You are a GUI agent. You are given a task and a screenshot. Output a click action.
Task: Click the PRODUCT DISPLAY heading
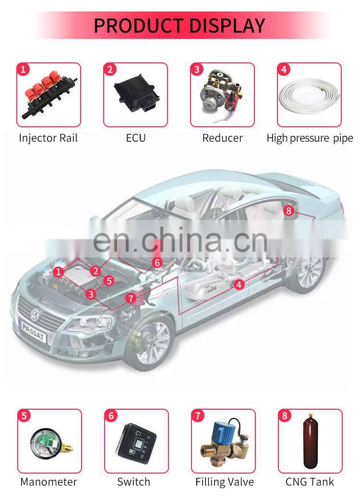click(180, 25)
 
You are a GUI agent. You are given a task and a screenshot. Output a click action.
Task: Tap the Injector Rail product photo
click(49, 95)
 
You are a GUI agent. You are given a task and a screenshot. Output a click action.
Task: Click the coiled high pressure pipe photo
click(309, 95)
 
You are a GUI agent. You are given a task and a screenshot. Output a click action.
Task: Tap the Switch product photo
click(136, 440)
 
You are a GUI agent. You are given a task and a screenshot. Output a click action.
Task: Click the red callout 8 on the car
click(288, 210)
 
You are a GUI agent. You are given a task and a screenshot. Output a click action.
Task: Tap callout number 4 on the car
click(239, 284)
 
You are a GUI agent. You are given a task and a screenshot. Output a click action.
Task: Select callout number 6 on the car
click(157, 263)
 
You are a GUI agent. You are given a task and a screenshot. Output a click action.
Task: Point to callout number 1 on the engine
click(58, 272)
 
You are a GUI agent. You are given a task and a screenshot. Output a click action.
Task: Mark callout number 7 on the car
click(131, 298)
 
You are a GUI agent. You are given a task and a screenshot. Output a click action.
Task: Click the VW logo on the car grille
click(35, 315)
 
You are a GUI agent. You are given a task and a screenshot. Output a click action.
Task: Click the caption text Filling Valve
click(225, 482)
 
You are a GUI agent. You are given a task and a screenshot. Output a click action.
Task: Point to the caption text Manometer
click(48, 482)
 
